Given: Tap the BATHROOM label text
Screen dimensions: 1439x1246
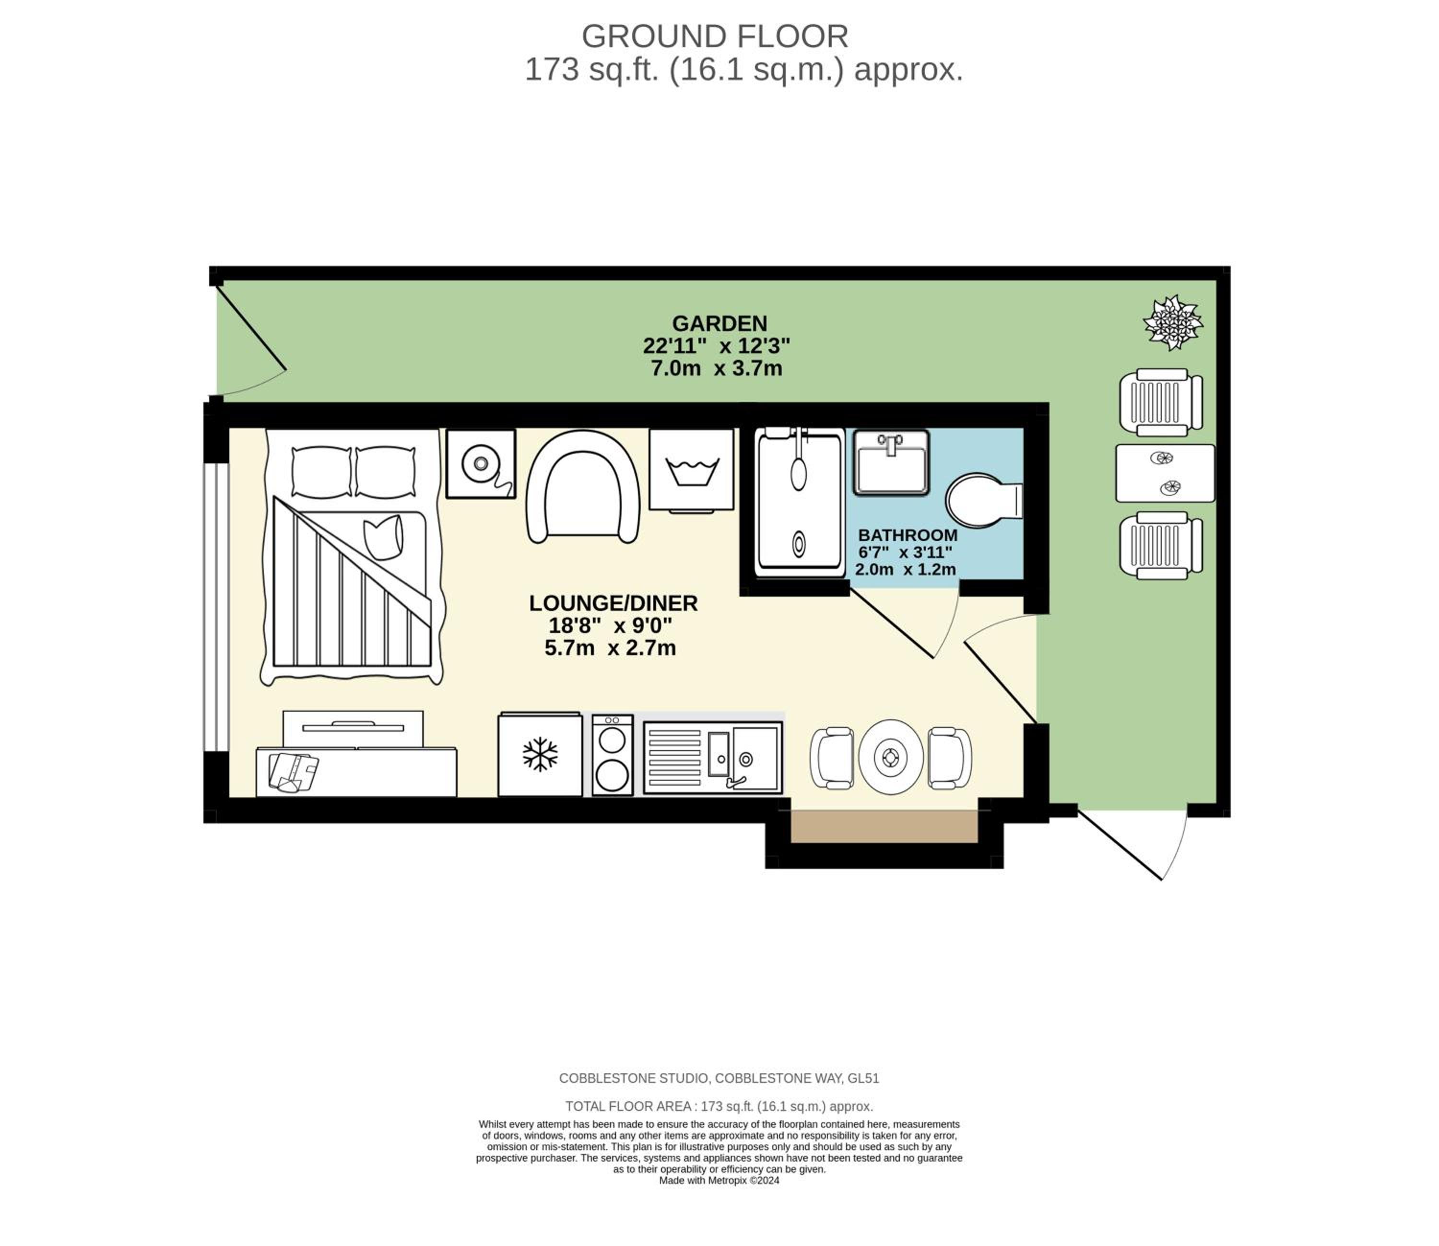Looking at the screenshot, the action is click(907, 535).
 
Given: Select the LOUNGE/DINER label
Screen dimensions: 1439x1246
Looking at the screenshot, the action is click(613, 603).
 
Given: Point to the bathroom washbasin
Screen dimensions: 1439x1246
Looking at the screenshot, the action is click(891, 462).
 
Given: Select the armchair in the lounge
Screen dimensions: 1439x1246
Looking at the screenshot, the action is click(583, 486).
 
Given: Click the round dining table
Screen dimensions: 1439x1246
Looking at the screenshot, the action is click(890, 757).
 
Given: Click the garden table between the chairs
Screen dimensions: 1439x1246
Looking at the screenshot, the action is click(1165, 473).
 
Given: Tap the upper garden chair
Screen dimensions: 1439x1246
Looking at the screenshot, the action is click(1161, 402).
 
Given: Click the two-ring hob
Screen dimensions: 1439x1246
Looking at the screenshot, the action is click(612, 755).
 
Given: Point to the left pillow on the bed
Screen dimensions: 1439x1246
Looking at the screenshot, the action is click(321, 472).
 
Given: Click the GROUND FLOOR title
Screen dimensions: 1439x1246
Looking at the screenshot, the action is click(715, 36).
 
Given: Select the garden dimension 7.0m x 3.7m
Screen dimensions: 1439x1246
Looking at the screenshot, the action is click(716, 368).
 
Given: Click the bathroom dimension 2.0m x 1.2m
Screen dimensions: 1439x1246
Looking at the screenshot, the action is click(905, 569).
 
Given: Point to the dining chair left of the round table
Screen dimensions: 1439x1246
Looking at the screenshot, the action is click(832, 758).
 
